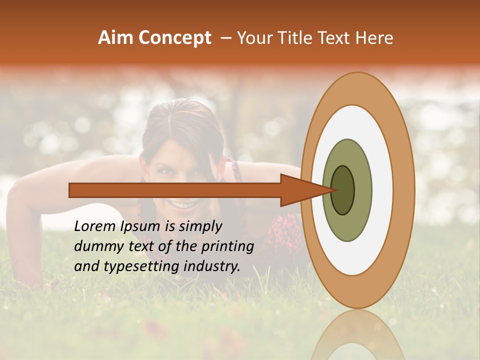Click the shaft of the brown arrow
click(x=175, y=190)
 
